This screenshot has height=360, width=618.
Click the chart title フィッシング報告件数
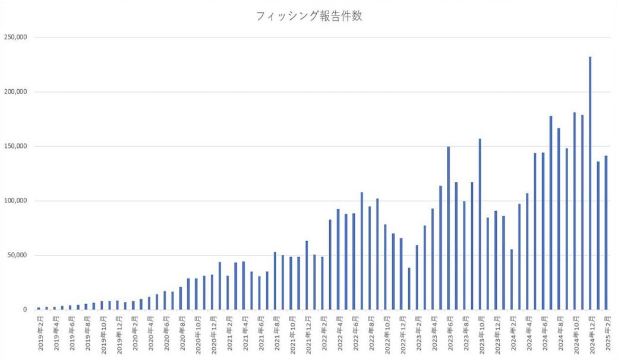[x=308, y=17]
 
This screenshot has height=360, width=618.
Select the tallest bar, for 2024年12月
[x=590, y=184]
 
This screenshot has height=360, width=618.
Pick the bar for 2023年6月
[x=448, y=228]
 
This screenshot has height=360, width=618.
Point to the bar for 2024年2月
[x=511, y=279]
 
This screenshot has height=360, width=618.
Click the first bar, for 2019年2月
[x=39, y=308]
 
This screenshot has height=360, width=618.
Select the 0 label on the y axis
[x=25, y=310]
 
